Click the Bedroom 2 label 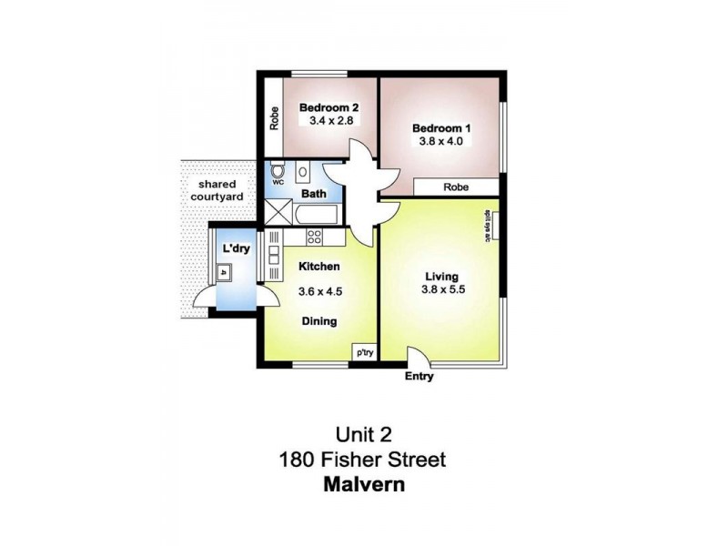329,106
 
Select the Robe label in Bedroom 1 456,187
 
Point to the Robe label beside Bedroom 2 273,120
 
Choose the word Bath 314,194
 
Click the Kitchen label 319,267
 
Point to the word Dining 319,321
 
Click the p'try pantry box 365,352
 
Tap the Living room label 441,277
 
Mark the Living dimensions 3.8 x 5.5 441,291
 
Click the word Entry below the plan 420,377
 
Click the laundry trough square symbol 223,271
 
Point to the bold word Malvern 364,484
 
